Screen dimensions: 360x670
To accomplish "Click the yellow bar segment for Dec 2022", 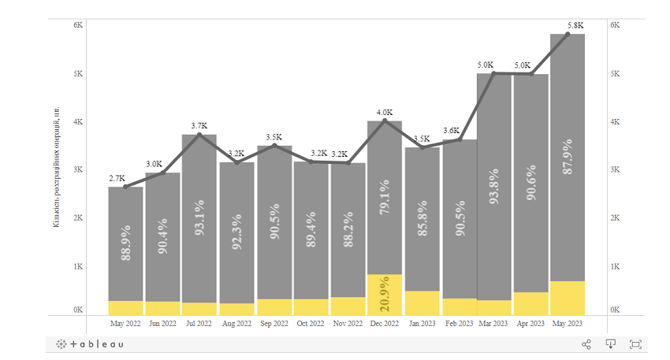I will pyautogui.click(x=385, y=295).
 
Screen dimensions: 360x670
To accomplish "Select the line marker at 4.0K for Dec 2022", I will pyautogui.click(x=385, y=121).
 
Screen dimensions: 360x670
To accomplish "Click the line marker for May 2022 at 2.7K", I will pyautogui.click(x=125, y=186).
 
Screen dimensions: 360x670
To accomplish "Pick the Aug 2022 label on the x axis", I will pyautogui.click(x=236, y=323).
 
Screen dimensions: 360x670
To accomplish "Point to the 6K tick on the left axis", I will pyautogui.click(x=79, y=25).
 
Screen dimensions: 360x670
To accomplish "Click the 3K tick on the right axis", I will pyautogui.click(x=615, y=170).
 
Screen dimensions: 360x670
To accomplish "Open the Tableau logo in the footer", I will pyautogui.click(x=90, y=344).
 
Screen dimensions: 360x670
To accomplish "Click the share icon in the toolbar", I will pyautogui.click(x=586, y=344).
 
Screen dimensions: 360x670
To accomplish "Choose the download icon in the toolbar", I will pyautogui.click(x=610, y=344).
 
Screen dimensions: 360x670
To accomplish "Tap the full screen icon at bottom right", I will pyautogui.click(x=635, y=344).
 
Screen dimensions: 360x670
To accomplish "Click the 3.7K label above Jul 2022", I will pyautogui.click(x=199, y=126).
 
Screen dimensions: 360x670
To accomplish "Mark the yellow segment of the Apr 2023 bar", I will pyautogui.click(x=530, y=303).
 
